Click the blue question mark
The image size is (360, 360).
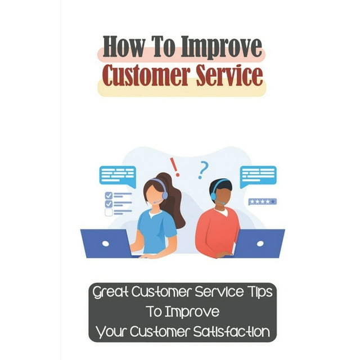click(202, 169)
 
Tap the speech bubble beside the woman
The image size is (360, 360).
click(117, 175)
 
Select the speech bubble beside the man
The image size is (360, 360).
click(258, 175)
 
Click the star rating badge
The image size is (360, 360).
click(262, 201)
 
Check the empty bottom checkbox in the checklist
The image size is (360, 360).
click(109, 213)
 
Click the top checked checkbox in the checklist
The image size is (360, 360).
click(109, 196)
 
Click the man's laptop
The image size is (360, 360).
click(258, 243)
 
